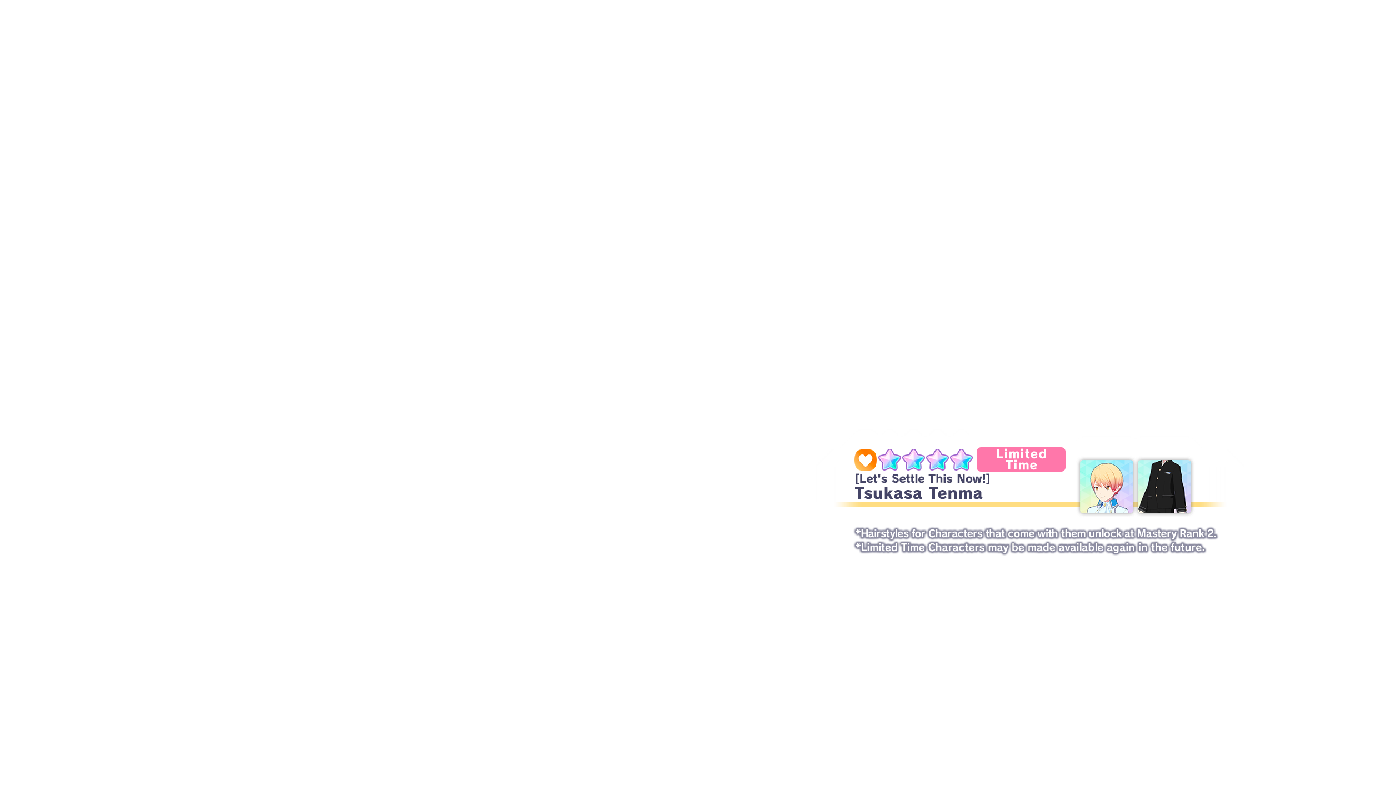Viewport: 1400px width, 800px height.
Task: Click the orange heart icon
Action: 865,459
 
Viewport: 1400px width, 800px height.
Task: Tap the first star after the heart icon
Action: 889,460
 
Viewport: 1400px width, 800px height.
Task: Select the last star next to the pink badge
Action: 961,460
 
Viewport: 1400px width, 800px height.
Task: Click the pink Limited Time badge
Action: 1021,459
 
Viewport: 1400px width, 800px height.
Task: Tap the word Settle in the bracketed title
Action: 909,478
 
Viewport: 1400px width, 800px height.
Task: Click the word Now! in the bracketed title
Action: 973,478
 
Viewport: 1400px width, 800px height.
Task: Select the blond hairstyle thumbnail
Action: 1106,487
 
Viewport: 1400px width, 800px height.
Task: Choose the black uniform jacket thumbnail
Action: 1164,487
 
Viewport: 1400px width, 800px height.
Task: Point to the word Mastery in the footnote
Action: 1157,534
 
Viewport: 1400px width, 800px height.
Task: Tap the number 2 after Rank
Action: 1211,534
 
